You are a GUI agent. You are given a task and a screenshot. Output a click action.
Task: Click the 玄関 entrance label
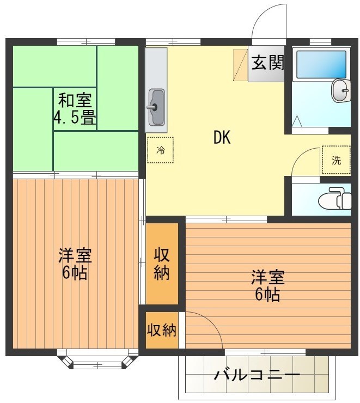click(267, 63)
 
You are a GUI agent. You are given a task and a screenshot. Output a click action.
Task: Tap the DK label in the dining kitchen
click(222, 138)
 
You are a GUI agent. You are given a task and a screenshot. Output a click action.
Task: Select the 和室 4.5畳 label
click(75, 109)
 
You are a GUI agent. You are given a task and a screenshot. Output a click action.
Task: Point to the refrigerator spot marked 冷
click(160, 150)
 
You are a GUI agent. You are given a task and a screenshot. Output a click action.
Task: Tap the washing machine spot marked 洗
click(335, 160)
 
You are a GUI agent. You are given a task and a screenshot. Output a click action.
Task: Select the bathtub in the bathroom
click(321, 65)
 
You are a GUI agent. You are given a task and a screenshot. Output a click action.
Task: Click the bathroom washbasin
click(341, 90)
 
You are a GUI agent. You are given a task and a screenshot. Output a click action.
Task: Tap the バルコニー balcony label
click(257, 375)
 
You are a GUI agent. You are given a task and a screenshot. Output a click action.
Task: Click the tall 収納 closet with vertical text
click(162, 264)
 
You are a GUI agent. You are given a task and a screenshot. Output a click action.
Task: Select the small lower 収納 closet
click(162, 329)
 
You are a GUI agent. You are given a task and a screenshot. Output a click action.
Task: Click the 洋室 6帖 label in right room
click(267, 285)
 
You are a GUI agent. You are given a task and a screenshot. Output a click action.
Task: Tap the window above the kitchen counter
click(173, 41)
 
